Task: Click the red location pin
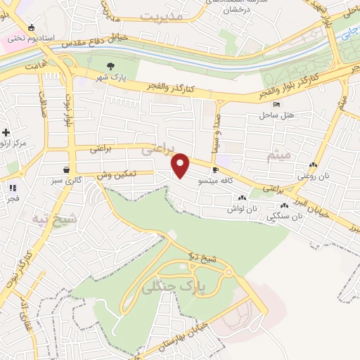(181, 166)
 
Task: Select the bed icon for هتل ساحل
(276, 104)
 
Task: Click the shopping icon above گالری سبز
(67, 169)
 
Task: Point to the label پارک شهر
(112, 78)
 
